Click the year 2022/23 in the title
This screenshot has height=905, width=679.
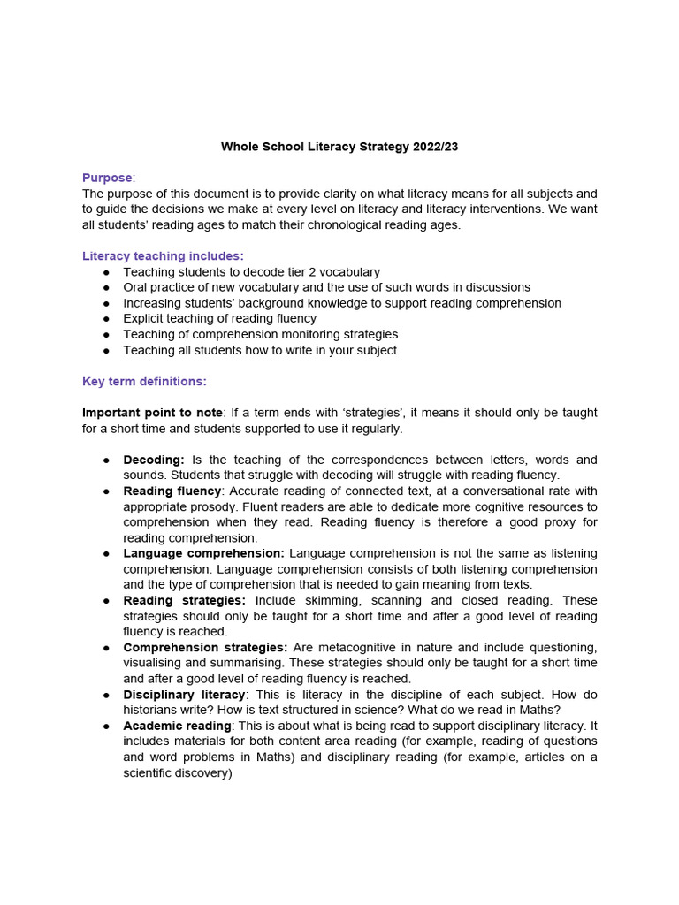click(x=435, y=147)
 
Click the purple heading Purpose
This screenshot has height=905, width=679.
click(x=107, y=178)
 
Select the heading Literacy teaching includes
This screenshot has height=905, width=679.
click(x=163, y=256)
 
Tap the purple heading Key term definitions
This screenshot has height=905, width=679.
click(x=144, y=381)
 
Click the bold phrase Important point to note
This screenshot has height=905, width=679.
click(x=152, y=413)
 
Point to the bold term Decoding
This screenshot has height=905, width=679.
click(x=154, y=460)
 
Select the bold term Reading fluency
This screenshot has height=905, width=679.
click(x=172, y=491)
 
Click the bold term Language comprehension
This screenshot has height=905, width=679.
click(x=203, y=553)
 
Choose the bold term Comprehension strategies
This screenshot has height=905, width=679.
click(x=205, y=647)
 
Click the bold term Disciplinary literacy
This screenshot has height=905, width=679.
click(x=184, y=695)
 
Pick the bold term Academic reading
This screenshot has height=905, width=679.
click(x=177, y=726)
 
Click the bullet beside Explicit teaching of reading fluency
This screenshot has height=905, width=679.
click(x=106, y=319)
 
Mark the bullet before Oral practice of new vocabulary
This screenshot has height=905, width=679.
click(x=106, y=288)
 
